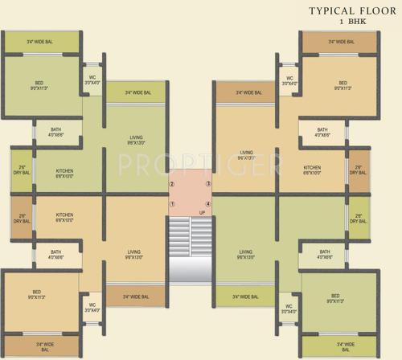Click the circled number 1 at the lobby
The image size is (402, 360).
pyautogui.click(x=171, y=204)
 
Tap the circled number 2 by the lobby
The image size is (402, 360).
pyautogui.click(x=171, y=185)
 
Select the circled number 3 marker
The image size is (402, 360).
pyautogui.click(x=208, y=185)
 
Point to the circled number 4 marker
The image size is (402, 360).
pyautogui.click(x=208, y=204)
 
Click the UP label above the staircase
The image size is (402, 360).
pyautogui.click(x=190, y=215)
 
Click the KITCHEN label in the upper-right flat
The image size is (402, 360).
pyautogui.click(x=313, y=168)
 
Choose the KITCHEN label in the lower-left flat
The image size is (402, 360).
pyautogui.click(x=65, y=215)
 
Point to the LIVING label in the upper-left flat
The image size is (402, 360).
pyautogui.click(x=136, y=139)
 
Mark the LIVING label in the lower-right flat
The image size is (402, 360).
pyautogui.click(x=247, y=254)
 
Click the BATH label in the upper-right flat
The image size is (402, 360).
pyautogui.click(x=322, y=129)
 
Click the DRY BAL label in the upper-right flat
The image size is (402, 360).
pyautogui.click(x=358, y=173)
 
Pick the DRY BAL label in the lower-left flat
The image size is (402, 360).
pyautogui.click(x=23, y=219)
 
